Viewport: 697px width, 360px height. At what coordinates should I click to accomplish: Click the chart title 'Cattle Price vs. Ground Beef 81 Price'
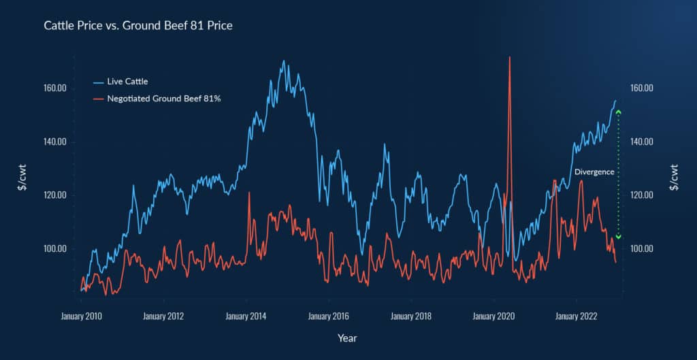click(x=138, y=26)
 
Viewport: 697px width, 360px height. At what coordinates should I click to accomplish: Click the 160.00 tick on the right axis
click(x=643, y=88)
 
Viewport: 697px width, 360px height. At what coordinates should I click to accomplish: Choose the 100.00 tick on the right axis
click(x=643, y=249)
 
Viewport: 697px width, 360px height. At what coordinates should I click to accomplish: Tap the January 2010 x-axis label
click(x=82, y=316)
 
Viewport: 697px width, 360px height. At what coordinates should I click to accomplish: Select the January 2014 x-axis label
click(x=246, y=316)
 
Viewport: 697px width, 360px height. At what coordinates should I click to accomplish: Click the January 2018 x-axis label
click(x=411, y=316)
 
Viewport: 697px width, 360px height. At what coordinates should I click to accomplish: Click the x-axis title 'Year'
click(x=346, y=338)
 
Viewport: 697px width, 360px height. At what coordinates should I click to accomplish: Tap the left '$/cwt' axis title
click(x=22, y=178)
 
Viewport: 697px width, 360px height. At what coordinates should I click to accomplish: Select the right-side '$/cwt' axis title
click(x=674, y=178)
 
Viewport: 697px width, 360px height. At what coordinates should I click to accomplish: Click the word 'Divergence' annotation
click(x=594, y=173)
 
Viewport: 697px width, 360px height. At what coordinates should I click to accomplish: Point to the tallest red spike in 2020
click(x=509, y=59)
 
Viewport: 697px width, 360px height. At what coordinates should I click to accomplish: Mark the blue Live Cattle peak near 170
click(x=284, y=61)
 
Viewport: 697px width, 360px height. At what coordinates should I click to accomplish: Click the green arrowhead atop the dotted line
click(x=618, y=112)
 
